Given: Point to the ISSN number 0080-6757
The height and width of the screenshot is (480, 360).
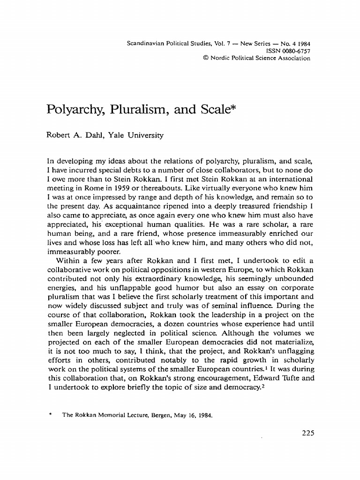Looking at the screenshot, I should pyautogui.click(x=295, y=51).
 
